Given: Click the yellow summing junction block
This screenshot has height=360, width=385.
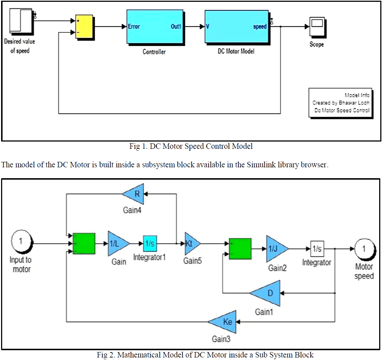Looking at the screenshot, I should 84,26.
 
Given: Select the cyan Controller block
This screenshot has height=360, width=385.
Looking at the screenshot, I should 154,26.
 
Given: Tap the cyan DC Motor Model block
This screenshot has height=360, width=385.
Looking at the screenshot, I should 236,26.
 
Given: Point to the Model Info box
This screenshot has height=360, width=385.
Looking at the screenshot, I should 340,103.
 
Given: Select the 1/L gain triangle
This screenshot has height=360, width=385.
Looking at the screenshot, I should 117,244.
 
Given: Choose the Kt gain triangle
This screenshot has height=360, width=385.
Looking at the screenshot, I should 191,244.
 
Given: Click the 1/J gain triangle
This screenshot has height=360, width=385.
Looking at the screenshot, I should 276,249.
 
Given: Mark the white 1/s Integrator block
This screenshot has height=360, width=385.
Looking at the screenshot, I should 317,249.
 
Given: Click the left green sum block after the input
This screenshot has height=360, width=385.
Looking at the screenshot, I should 84,244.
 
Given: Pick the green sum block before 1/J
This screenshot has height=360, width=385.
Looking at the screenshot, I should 240,249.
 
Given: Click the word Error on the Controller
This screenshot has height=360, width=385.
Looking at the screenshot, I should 134,26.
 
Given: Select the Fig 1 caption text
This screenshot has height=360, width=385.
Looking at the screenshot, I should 191,147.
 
